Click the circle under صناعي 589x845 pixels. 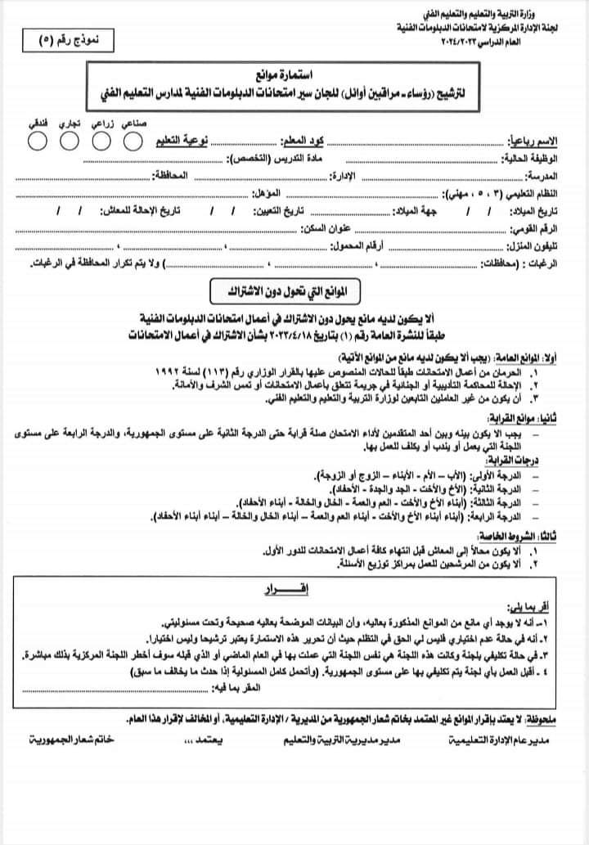click(133, 141)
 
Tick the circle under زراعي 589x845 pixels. click(101, 141)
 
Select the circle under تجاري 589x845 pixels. click(69, 141)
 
